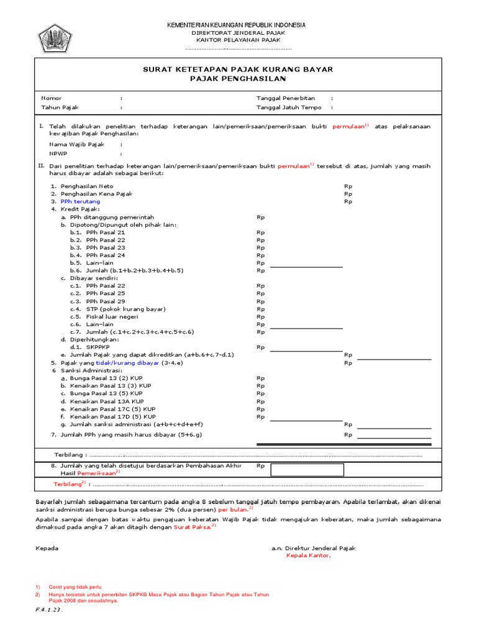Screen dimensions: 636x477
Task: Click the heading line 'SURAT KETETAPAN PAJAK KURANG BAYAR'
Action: point(238,70)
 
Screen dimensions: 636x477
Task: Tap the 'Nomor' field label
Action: point(52,98)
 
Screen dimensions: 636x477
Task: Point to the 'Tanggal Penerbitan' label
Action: point(286,98)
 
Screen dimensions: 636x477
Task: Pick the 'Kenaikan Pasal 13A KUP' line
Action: point(106,401)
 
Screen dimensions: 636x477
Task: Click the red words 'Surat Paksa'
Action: point(193,526)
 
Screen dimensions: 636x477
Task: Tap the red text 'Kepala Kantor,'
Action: point(309,556)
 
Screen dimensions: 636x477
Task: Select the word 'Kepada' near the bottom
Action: point(47,548)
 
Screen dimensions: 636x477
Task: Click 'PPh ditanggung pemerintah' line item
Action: point(112,217)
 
